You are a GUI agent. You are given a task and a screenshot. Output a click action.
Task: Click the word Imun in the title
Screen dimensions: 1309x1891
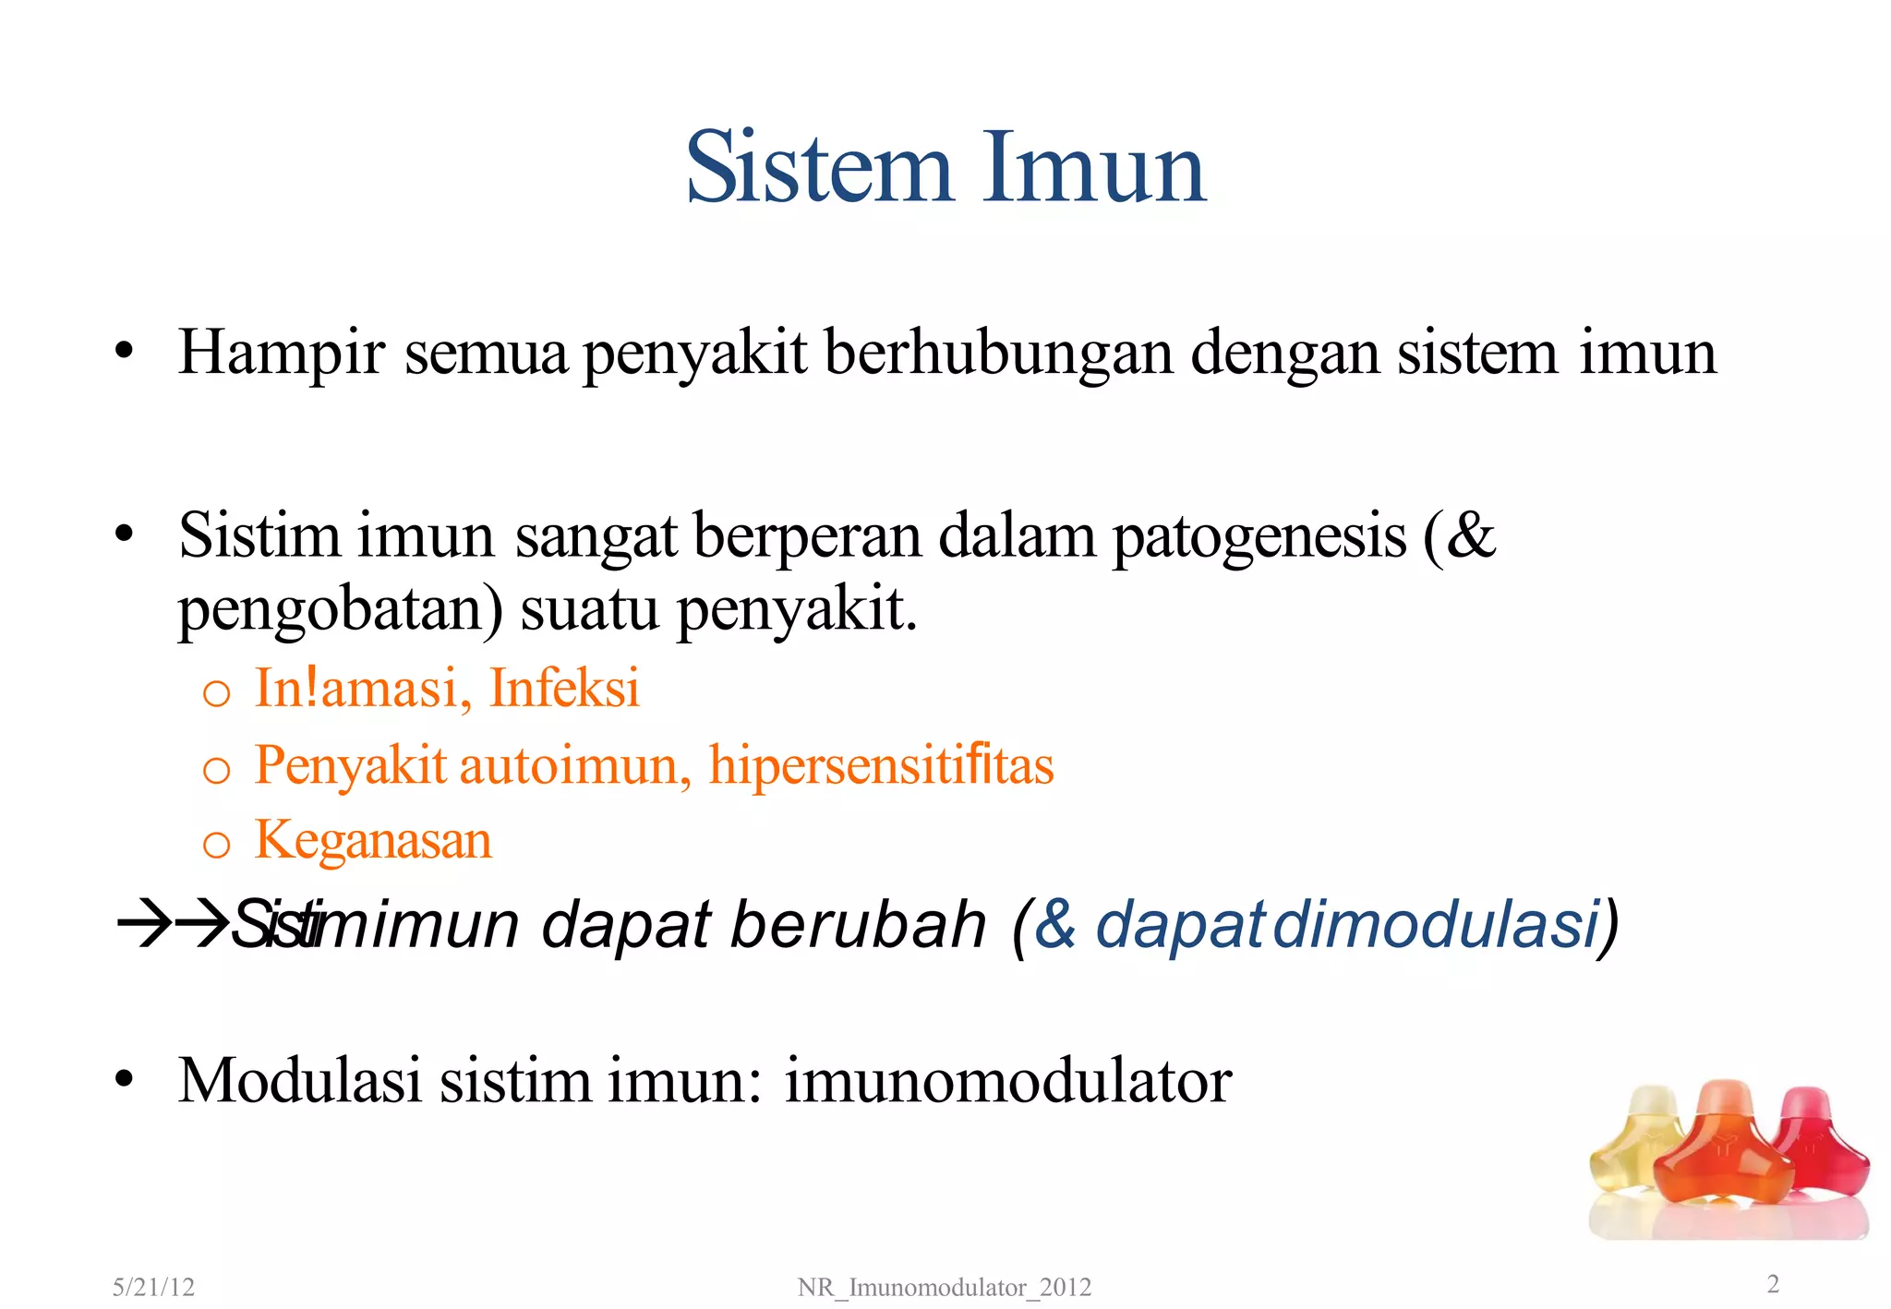pyautogui.click(x=1093, y=168)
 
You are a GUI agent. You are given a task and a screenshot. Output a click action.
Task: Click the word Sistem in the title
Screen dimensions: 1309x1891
pyautogui.click(x=818, y=168)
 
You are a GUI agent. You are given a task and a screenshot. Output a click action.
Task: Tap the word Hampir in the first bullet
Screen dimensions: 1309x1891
pyautogui.click(x=281, y=354)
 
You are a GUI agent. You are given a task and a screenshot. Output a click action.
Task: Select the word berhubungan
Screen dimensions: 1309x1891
pyautogui.click(x=997, y=354)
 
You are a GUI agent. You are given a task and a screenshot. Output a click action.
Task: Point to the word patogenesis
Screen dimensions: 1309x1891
pyautogui.click(x=1259, y=537)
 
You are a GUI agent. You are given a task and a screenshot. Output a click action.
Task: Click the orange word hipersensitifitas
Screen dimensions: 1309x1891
pyautogui.click(x=881, y=766)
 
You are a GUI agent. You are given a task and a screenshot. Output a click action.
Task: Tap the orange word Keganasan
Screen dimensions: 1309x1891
pyautogui.click(x=373, y=841)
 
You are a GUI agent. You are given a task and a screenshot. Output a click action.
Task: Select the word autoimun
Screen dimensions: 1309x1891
pyautogui.click(x=574, y=766)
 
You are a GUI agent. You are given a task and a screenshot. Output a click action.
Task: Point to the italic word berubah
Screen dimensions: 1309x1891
pyautogui.click(x=859, y=925)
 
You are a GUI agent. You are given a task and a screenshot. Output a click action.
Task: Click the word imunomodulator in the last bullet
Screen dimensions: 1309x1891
pyautogui.click(x=1008, y=1080)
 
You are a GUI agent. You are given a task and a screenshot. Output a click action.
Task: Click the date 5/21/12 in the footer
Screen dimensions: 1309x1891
pyautogui.click(x=153, y=1287)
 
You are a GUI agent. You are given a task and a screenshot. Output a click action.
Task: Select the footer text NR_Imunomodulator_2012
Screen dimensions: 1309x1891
pyautogui.click(x=944, y=1287)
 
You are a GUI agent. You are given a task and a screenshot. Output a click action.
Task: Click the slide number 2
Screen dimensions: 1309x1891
pyautogui.click(x=1772, y=1283)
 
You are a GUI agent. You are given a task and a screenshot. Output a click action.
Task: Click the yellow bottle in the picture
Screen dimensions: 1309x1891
pyautogui.click(x=1634, y=1145)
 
